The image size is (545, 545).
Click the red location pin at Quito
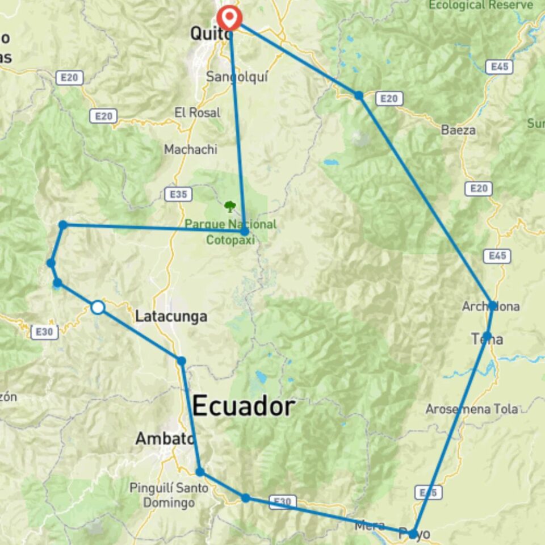pos(229,17)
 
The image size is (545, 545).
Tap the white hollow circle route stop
pos(98,307)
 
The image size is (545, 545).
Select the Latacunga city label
pos(171,317)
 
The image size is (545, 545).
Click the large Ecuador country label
pos(244,406)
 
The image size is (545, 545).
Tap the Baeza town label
pos(458,130)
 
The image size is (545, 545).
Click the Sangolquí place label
pos(237,77)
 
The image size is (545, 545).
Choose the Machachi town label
pos(191,150)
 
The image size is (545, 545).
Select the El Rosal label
pos(198,112)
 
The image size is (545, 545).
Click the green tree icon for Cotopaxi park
pos(229,206)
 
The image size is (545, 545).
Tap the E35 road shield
pos(178,194)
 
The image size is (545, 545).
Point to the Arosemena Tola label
pos(472,409)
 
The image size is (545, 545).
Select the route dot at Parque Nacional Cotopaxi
pos(244,232)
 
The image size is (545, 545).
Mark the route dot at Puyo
pos(413,534)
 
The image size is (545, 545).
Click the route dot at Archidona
pos(493,305)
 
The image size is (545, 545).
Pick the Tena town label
pos(487,339)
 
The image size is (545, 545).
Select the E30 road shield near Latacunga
pos(44,332)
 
